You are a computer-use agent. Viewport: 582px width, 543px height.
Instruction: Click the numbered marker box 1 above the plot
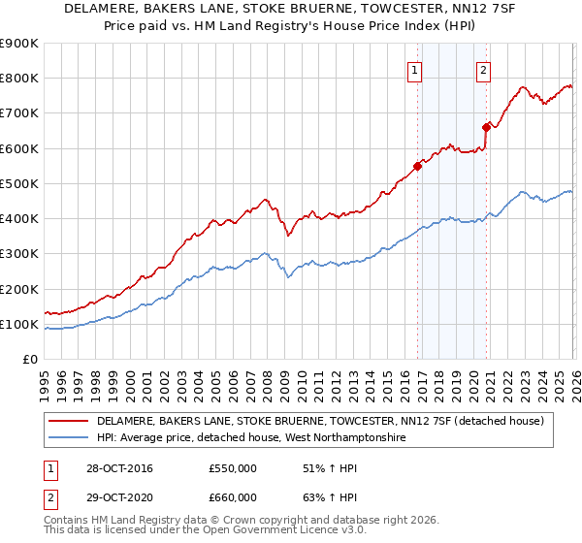(x=415, y=69)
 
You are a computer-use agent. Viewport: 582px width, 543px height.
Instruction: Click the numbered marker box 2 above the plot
(x=483, y=69)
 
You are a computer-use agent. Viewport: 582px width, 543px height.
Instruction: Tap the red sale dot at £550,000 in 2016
(x=417, y=166)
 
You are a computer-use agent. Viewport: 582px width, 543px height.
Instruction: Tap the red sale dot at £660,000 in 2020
(x=486, y=126)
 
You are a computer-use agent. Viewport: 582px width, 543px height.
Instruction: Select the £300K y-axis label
(x=19, y=254)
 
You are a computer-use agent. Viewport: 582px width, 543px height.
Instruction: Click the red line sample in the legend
(x=68, y=422)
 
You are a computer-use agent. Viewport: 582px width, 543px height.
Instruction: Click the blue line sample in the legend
(x=68, y=438)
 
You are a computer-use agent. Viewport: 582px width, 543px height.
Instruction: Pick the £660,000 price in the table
(x=233, y=496)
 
